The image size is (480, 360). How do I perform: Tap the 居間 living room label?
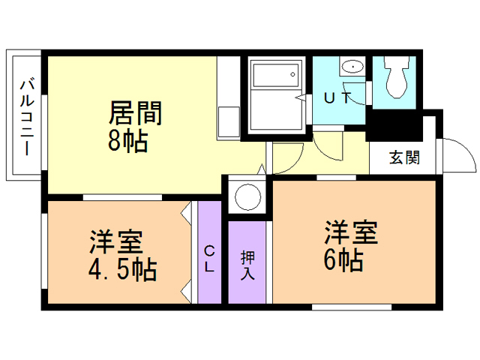pyautogui.click(x=136, y=113)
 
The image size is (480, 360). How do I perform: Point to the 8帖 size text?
pyautogui.click(x=127, y=140)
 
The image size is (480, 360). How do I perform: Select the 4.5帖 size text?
pyautogui.click(x=123, y=268)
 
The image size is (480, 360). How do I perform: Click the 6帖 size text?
pyautogui.click(x=344, y=260)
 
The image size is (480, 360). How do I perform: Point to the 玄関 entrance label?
pyautogui.click(x=403, y=158)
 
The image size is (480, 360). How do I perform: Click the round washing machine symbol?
pyautogui.click(x=247, y=196)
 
